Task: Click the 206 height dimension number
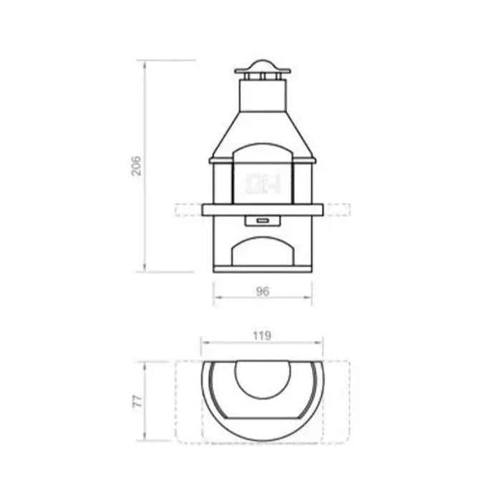(137, 166)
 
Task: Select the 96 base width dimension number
(263, 291)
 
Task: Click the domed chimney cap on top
(263, 68)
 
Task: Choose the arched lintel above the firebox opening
(263, 152)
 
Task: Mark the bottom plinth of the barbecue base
(263, 270)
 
